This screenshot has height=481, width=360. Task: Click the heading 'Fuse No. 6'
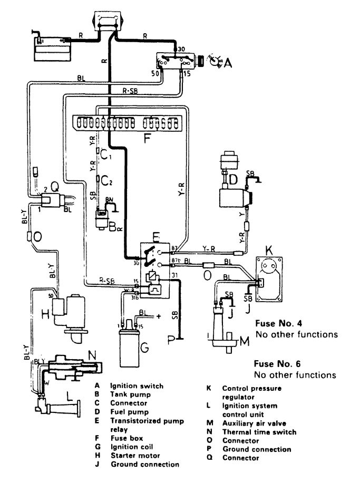click(276, 364)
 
